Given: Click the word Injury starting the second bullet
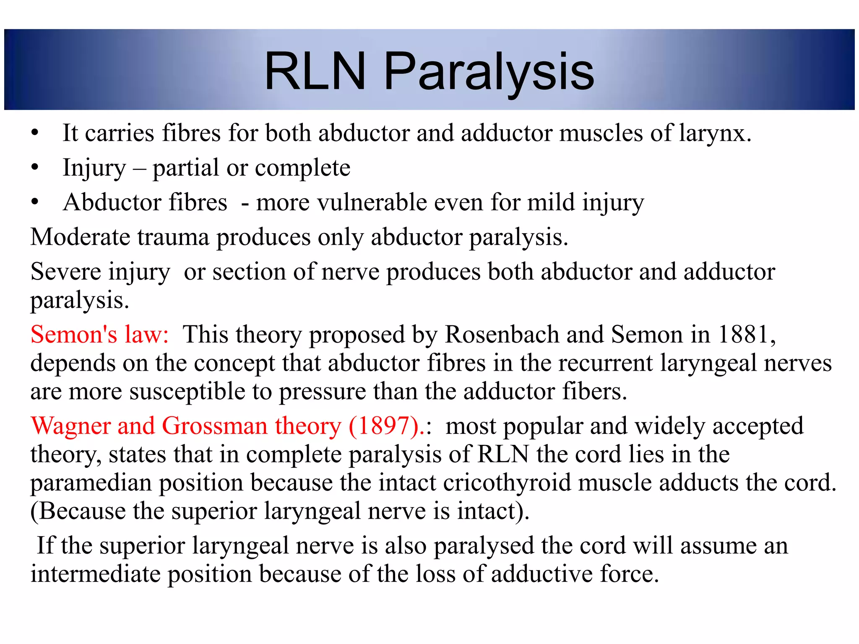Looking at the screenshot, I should (94, 169).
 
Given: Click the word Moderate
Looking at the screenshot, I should (80, 237).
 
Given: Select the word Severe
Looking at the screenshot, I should (65, 272).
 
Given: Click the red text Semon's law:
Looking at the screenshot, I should (100, 335).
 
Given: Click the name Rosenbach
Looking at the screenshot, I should (502, 335).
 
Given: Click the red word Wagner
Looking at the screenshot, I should (70, 426).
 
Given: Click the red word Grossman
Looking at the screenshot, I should (214, 426).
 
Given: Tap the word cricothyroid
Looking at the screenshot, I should (507, 483).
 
